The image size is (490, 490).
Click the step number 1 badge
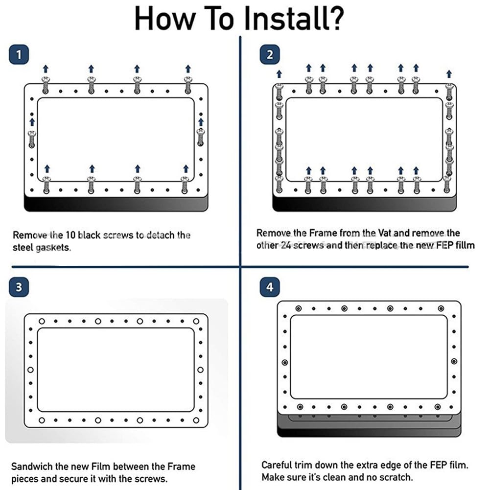pyautogui.click(x=19, y=55)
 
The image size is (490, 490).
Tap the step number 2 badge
pyautogui.click(x=270, y=55)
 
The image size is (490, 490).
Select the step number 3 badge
pyautogui.click(x=19, y=287)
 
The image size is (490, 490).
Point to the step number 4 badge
pyautogui.click(x=270, y=287)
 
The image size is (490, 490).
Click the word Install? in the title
pyautogui.click(x=293, y=18)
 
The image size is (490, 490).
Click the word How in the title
pyautogui.click(x=164, y=19)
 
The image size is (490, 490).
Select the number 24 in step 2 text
pyautogui.click(x=286, y=245)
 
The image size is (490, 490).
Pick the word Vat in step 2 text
pyautogui.click(x=387, y=233)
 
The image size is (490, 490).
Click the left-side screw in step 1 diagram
pyautogui.click(x=31, y=140)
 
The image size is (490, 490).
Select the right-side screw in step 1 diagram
pyautogui.click(x=201, y=138)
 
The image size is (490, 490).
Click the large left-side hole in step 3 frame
pyautogui.click(x=31, y=370)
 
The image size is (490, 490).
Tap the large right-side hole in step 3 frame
pyautogui.click(x=200, y=370)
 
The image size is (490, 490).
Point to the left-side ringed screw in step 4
pyautogui.click(x=285, y=363)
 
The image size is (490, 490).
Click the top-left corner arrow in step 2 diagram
pyautogui.click(x=279, y=74)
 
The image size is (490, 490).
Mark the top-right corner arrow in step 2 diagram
pyautogui.click(x=449, y=74)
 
